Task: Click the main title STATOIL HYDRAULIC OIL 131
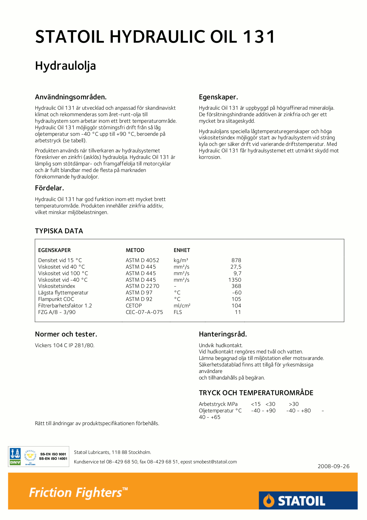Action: tap(155, 37)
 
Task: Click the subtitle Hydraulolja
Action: tap(65, 66)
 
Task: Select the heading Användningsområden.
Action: tap(71, 97)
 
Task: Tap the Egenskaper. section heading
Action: tap(218, 97)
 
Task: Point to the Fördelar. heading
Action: tap(49, 188)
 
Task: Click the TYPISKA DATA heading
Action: tap(59, 231)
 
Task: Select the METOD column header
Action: tap(135, 250)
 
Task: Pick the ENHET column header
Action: tap(182, 250)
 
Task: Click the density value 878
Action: tap(236, 260)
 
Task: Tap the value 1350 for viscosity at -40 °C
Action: tap(235, 280)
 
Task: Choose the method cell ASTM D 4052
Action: tap(142, 260)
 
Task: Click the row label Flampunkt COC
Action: tap(56, 299)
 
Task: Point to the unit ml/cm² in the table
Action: tap(182, 306)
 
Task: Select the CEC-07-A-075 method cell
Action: tap(144, 312)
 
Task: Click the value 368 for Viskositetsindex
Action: tap(236, 286)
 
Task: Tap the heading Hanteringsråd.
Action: tap(223, 334)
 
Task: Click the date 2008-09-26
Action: tap(334, 466)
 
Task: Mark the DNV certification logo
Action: tap(15, 457)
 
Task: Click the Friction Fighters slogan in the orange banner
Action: tap(78, 492)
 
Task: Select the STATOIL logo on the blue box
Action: tap(294, 501)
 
